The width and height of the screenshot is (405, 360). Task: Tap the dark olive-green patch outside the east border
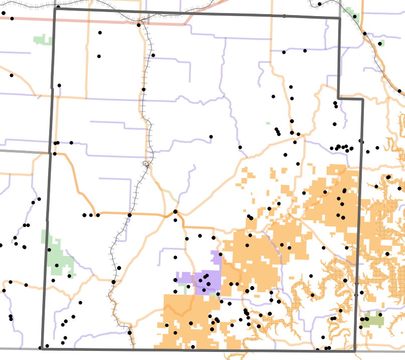click(x=373, y=319)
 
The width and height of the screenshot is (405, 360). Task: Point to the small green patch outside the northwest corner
click(x=42, y=39)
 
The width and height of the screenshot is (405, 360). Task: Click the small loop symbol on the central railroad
click(x=146, y=164)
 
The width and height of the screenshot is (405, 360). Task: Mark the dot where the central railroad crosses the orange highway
click(x=130, y=215)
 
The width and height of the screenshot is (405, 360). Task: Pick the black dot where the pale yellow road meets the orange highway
click(x=175, y=212)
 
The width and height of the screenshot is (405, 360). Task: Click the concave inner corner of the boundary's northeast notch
click(x=338, y=98)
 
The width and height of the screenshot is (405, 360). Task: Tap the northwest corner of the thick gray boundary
click(x=54, y=8)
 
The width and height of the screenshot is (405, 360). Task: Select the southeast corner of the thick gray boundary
click(x=355, y=351)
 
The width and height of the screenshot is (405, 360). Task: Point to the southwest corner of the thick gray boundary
click(x=41, y=348)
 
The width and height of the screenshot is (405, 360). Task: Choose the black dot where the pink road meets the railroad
click(x=139, y=24)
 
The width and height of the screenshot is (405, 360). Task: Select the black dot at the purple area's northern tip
click(x=221, y=254)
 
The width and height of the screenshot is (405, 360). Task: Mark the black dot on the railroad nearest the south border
click(x=130, y=332)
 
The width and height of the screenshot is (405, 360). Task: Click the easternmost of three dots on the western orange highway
click(x=98, y=215)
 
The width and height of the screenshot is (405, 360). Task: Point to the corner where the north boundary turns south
click(x=340, y=19)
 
